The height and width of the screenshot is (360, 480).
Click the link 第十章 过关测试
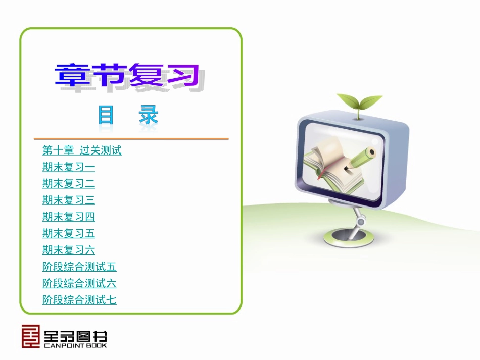tap(82, 150)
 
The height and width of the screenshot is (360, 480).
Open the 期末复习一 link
tap(69, 167)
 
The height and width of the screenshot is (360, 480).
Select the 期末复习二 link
tap(69, 184)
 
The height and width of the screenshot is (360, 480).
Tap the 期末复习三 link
tap(69, 200)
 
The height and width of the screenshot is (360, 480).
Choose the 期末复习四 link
tap(69, 217)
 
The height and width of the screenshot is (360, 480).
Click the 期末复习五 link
tap(69, 234)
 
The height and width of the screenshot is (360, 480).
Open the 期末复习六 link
tap(69, 250)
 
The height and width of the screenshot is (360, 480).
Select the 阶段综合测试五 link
tap(79, 267)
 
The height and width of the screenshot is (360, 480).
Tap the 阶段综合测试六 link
tap(79, 284)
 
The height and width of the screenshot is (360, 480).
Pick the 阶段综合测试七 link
tap(79, 300)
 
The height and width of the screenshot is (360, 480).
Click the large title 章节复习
tap(126, 77)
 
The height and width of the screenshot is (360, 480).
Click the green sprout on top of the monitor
tap(359, 104)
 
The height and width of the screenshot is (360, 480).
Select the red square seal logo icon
tap(30, 336)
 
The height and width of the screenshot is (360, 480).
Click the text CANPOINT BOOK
tap(75, 345)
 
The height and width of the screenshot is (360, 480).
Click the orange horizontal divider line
tap(131, 138)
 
